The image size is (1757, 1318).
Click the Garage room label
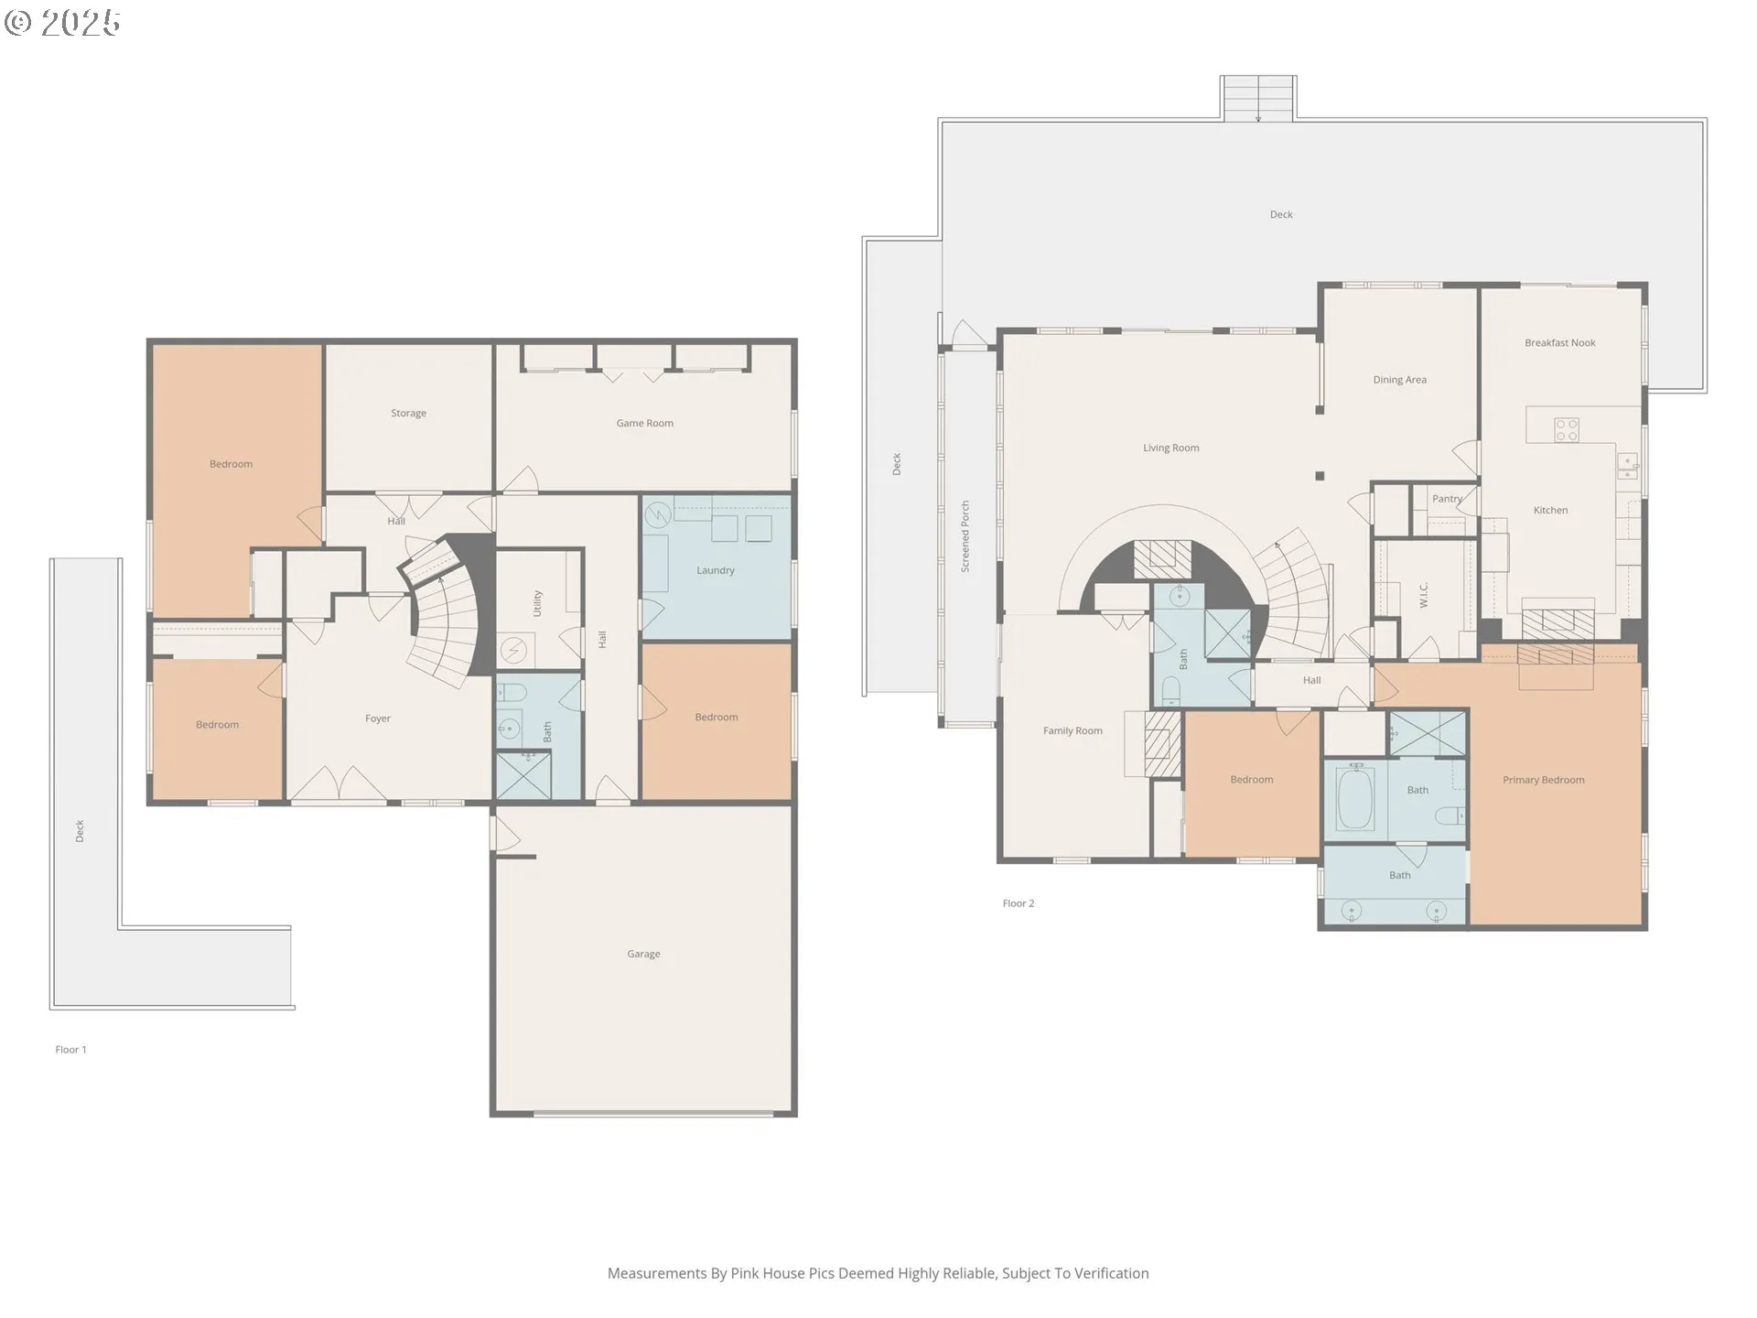643,954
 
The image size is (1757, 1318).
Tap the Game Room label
644,423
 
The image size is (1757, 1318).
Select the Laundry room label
715,570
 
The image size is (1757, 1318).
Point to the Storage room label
408,413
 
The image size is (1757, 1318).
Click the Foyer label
377,718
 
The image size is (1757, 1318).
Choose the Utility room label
537,603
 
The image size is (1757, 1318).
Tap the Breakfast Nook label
1559,343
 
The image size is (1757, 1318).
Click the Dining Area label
1399,380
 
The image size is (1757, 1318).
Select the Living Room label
1170,448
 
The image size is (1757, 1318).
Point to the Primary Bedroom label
1543,780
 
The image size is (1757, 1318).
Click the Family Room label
1073,730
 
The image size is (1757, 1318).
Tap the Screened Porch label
965,536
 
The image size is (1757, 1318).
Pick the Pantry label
1447,499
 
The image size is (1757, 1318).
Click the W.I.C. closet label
1424,595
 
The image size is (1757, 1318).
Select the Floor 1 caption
70,1050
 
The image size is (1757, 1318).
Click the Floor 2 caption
1018,903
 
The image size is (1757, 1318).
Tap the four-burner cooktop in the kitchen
1566,429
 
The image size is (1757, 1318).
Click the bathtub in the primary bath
1355,800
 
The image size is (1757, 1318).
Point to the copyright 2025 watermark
62,23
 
